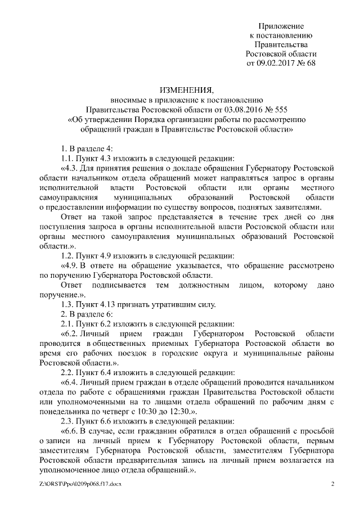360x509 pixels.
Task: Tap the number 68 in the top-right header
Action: click(310, 63)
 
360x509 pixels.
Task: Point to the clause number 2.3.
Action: click(67, 420)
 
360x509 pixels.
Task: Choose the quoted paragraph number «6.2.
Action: click(70, 332)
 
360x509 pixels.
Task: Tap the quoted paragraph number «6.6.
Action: click(70, 430)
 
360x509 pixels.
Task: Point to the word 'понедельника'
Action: click(64, 411)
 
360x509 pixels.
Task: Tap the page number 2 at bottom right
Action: click(332, 484)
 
